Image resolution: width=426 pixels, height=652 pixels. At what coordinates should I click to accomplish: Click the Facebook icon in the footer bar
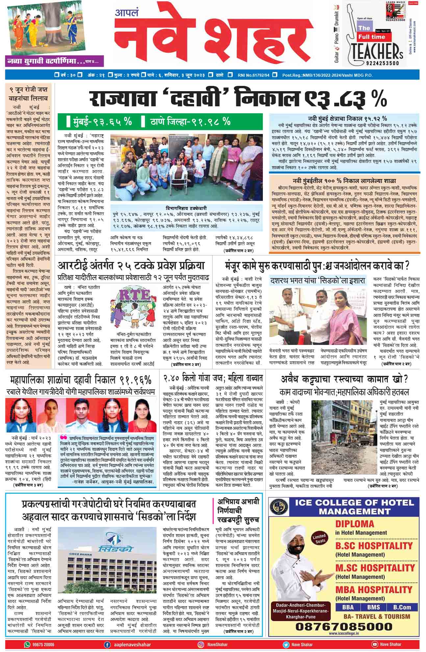(x=107, y=644)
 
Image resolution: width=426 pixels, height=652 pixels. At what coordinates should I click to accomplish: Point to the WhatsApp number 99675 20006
(x=44, y=644)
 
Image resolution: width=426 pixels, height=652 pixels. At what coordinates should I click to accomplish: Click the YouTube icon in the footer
(x=375, y=644)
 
